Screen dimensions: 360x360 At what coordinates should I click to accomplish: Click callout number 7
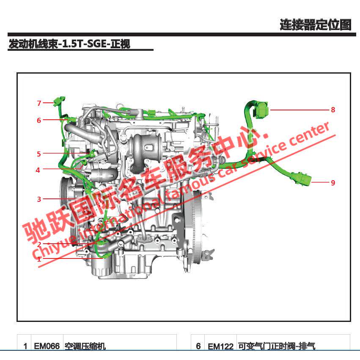[x=39, y=103]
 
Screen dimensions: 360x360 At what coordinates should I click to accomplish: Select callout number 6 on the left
[x=39, y=120]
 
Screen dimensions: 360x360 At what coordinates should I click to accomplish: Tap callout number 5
[x=39, y=154]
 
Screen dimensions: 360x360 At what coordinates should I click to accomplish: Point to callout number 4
[x=38, y=170]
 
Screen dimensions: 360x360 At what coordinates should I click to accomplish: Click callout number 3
[x=39, y=199]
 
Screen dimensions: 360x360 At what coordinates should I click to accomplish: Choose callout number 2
[x=39, y=245]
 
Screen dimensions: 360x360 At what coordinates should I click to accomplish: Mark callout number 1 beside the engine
[x=39, y=259]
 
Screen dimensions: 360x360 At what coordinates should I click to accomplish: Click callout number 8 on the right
[x=333, y=110]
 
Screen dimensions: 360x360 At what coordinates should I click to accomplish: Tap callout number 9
[x=333, y=183]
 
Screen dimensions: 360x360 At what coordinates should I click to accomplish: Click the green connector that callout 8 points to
[x=261, y=110]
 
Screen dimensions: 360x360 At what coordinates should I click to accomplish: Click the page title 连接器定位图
[x=315, y=25]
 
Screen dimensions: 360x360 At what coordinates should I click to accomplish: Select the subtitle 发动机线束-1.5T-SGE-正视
[x=69, y=44]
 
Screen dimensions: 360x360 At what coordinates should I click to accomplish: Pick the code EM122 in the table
[x=220, y=346]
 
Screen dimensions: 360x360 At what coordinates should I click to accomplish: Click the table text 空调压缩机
[x=85, y=346]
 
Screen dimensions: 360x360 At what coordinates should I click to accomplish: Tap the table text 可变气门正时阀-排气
[x=276, y=346]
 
